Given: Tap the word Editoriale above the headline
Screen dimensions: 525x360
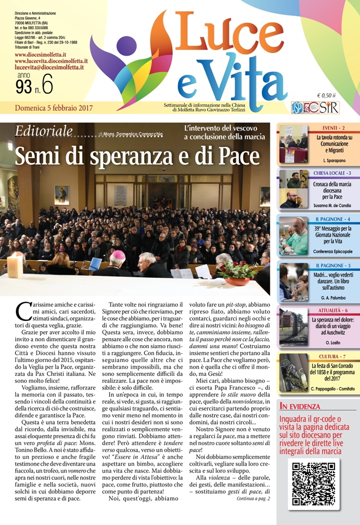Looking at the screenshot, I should coord(44,132).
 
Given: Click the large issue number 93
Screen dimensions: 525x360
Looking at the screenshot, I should coord(24,87).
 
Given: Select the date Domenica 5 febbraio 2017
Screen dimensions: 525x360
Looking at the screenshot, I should coord(54,108).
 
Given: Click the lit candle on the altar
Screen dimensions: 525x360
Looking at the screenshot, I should coord(15,265).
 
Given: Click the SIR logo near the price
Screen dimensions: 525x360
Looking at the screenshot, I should coord(328,107).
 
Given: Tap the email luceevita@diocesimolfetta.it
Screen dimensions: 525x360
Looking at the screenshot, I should coord(49,67).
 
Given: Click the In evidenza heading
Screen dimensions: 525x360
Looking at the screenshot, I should coord(299,407).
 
